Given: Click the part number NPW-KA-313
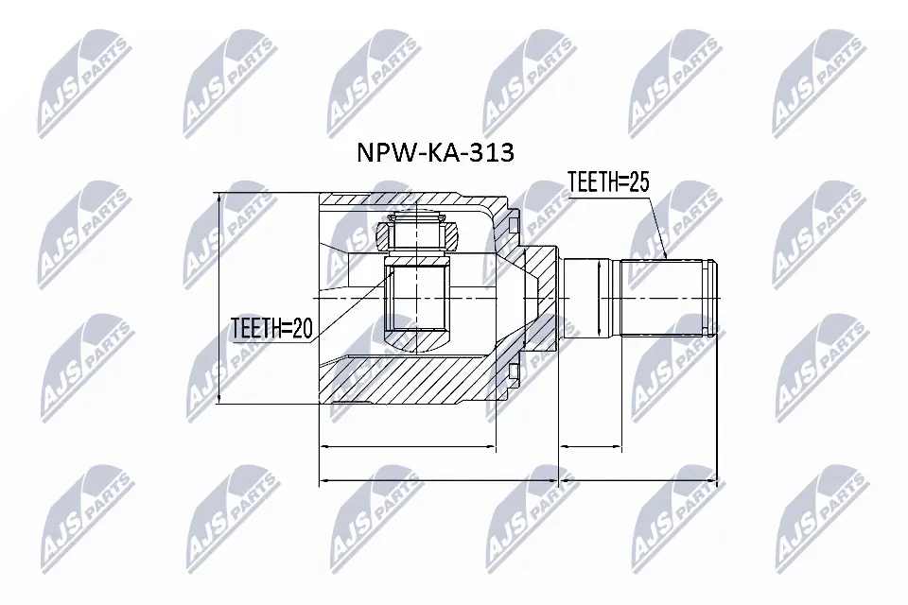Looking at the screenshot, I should point(434,153).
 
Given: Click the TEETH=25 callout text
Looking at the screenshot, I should point(607,182).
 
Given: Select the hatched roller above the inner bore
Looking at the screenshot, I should point(417,234).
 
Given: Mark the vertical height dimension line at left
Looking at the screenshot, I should point(219,299).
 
